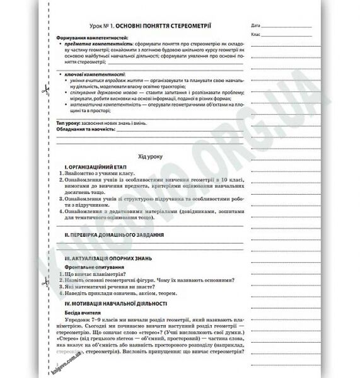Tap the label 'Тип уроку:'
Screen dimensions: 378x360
pos(69,122)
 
